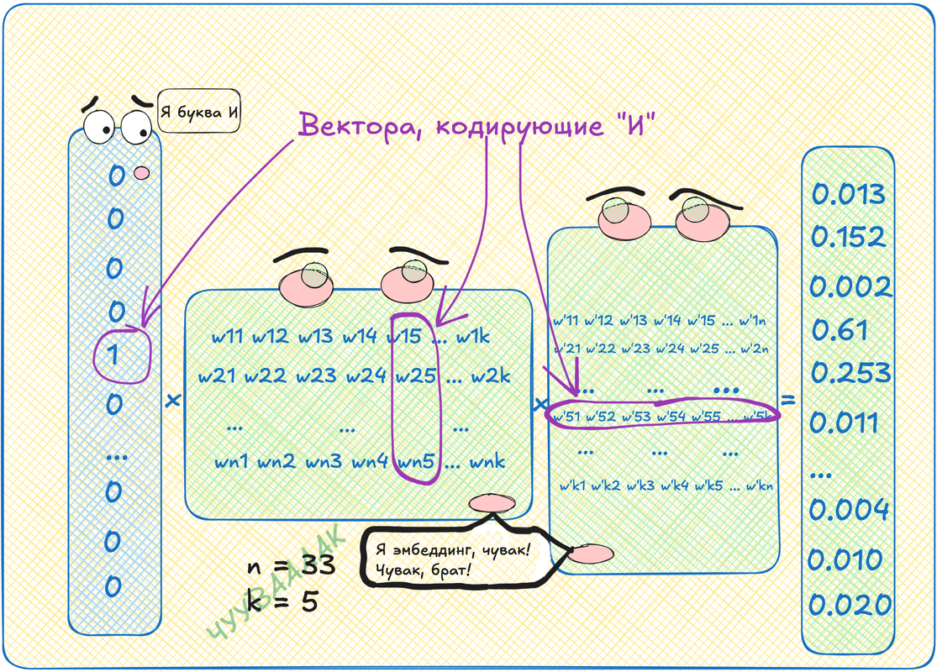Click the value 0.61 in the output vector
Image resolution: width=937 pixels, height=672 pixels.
[840, 330]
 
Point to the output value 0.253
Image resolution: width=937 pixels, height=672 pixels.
[850, 372]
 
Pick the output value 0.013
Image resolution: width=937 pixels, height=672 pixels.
[849, 194]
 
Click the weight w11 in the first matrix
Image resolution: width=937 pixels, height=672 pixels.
[227, 338]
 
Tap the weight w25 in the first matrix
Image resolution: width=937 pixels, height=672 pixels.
[416, 375]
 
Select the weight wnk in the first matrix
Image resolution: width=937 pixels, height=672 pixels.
[488, 462]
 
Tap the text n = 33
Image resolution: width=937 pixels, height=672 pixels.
[290, 566]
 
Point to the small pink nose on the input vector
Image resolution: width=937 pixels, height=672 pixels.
[141, 173]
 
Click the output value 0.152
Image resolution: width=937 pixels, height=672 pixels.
[849, 237]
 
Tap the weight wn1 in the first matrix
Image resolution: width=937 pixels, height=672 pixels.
[233, 462]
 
